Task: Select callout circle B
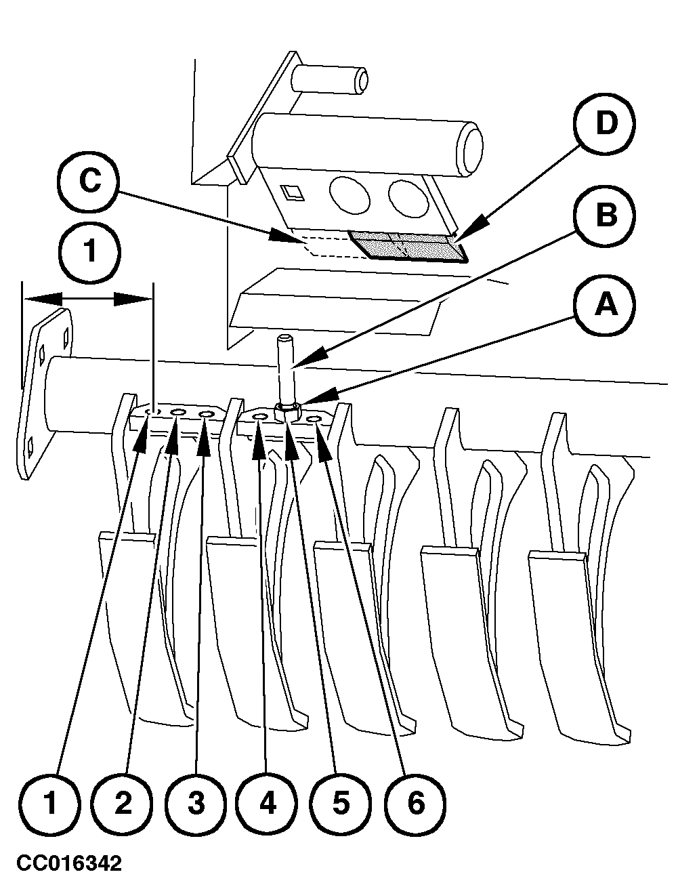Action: coord(605,216)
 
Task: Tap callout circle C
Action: coord(89,183)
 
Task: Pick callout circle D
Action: coord(605,125)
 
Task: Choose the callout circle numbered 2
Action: coord(123,804)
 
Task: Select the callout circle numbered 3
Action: coord(195,804)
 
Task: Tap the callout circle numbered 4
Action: coord(268,804)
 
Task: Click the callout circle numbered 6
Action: coord(415,804)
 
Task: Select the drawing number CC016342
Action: coord(69,864)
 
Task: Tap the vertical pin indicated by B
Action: coord(284,366)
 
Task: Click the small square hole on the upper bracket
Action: coord(294,194)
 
